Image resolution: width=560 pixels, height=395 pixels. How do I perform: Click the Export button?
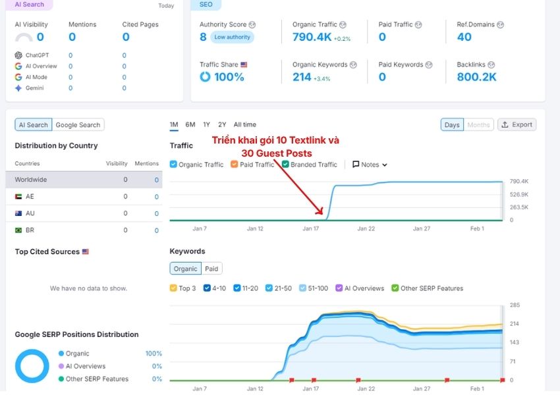[517, 124]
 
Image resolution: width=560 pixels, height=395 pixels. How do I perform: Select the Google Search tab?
[78, 125]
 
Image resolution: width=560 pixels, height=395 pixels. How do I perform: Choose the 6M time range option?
[190, 124]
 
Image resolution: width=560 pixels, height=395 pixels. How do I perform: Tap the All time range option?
[244, 124]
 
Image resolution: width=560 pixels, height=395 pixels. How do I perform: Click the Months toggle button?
[478, 124]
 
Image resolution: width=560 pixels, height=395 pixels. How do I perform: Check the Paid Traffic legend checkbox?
[235, 165]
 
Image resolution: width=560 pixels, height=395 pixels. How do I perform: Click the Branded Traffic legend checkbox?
[286, 165]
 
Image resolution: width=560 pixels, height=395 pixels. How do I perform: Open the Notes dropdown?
[370, 165]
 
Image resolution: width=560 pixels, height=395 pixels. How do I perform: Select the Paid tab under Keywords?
[211, 269]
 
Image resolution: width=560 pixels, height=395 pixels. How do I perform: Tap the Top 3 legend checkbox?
[173, 288]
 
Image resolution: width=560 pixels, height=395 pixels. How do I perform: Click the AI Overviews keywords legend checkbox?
[339, 288]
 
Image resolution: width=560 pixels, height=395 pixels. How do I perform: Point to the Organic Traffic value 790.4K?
[312, 38]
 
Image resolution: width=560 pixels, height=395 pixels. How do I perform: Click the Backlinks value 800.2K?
[476, 77]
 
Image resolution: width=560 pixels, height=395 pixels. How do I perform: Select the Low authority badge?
[232, 38]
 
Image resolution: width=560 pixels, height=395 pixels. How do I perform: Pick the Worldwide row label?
[31, 180]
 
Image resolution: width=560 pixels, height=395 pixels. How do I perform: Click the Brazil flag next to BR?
[18, 231]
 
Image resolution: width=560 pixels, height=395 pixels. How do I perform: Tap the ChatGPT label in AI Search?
[37, 56]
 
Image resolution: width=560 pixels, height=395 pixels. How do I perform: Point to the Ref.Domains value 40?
[464, 38]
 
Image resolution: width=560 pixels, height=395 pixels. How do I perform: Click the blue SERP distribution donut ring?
[19, 366]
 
